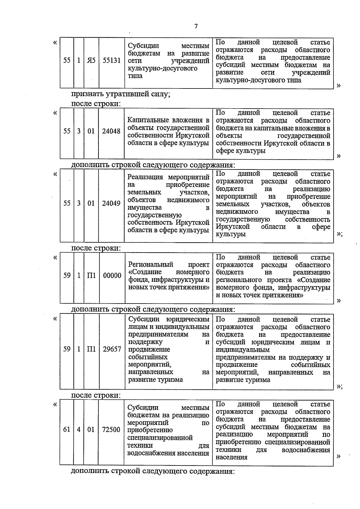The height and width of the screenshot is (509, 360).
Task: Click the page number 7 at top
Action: tap(196, 26)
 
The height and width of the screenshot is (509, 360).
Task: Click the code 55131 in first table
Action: tap(111, 60)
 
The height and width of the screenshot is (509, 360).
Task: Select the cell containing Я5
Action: tap(91, 60)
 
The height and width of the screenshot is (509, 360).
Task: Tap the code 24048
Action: tap(111, 131)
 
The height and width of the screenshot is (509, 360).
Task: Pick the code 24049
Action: tap(111, 203)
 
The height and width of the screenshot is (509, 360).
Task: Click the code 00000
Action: tap(112, 275)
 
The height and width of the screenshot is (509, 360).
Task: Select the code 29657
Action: tap(112, 349)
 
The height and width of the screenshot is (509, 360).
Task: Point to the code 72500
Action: tap(111, 430)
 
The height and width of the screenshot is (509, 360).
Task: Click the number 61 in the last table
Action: tap(67, 430)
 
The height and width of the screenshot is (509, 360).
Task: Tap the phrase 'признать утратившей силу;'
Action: tap(121, 94)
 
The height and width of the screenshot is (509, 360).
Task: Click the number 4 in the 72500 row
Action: tap(79, 430)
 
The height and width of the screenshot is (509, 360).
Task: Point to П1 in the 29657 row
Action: tap(91, 349)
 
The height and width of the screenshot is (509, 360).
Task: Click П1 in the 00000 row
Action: tap(91, 275)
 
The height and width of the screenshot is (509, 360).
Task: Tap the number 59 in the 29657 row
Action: tap(67, 349)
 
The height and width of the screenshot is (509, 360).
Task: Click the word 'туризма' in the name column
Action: tap(171, 380)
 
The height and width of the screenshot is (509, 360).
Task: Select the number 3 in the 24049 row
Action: tap(79, 203)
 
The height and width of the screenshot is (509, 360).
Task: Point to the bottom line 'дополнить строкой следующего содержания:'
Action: tap(152, 471)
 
